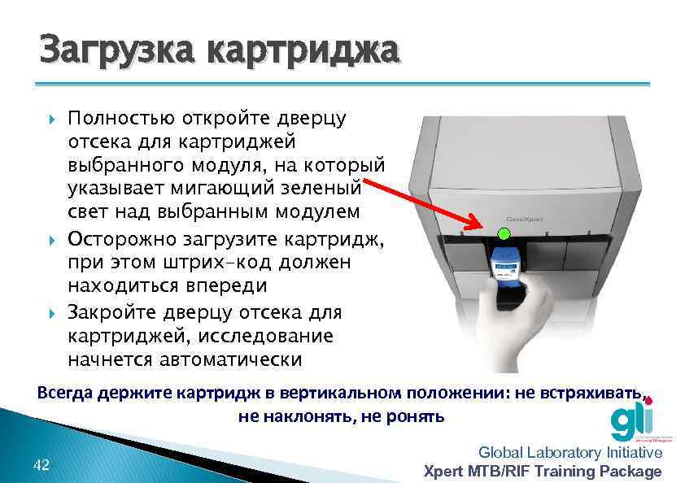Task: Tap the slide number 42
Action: (x=41, y=464)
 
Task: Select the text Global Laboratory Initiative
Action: (x=570, y=453)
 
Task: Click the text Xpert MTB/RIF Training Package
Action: (x=543, y=471)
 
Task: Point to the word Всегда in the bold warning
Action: (x=65, y=394)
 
